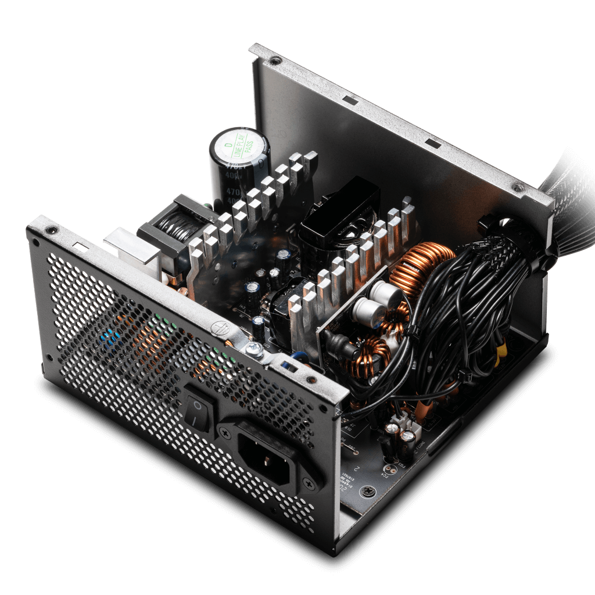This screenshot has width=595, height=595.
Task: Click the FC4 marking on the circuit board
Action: click(x=384, y=474)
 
